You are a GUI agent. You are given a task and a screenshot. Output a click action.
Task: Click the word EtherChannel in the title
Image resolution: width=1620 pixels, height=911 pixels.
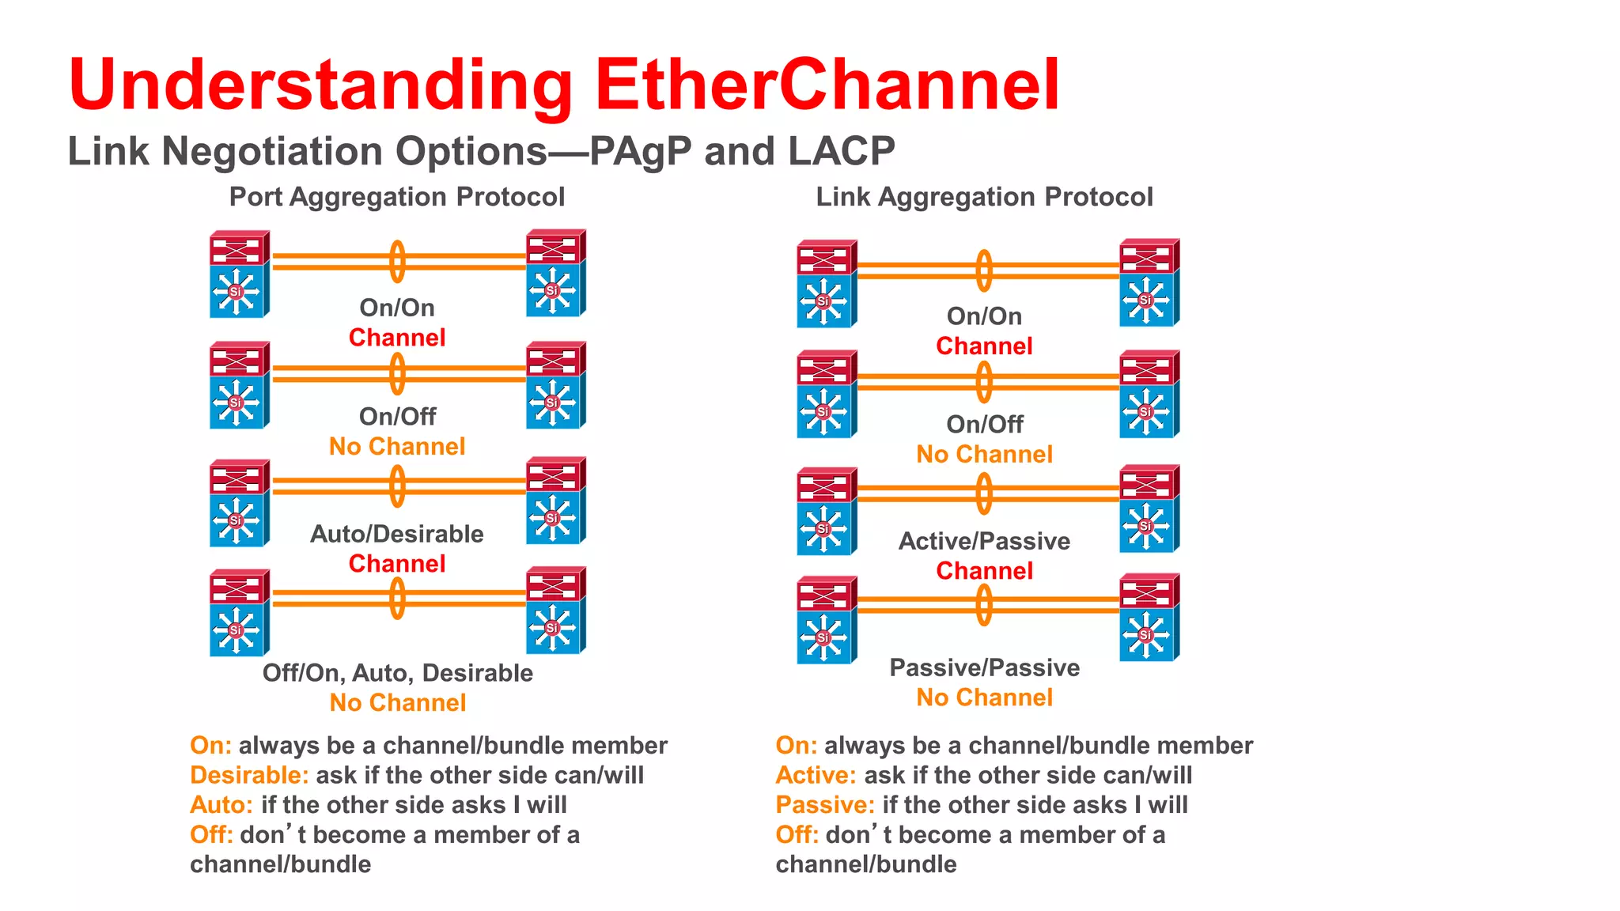click(x=827, y=85)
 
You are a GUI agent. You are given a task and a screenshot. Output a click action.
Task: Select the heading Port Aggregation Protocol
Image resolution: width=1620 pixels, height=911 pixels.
click(x=396, y=197)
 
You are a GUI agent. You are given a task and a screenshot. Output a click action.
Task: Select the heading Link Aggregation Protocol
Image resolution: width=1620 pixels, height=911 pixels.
click(x=984, y=197)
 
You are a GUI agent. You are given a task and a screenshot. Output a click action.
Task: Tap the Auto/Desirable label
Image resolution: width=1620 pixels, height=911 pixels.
click(x=396, y=534)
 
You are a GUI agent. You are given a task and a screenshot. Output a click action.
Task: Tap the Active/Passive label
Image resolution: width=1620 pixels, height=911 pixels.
click(x=984, y=541)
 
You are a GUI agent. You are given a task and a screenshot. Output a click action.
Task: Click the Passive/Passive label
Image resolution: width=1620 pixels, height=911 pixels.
click(x=984, y=667)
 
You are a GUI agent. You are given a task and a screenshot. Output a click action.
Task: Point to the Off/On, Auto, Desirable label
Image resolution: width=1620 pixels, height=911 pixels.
click(x=397, y=673)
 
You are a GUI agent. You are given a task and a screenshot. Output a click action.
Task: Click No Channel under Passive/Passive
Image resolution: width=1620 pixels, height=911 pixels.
click(x=984, y=697)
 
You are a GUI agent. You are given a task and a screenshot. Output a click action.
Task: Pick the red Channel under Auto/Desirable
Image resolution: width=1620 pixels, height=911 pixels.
click(x=397, y=564)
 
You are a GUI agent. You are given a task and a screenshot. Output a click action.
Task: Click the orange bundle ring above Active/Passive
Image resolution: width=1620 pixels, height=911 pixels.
click(x=984, y=493)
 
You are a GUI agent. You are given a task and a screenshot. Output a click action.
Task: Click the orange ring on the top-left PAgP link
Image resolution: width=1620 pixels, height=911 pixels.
click(x=397, y=262)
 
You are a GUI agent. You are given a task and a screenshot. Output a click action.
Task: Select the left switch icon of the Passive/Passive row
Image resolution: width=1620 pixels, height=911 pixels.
click(x=826, y=620)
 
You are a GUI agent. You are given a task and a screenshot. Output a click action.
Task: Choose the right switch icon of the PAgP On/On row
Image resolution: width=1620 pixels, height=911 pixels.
click(x=555, y=273)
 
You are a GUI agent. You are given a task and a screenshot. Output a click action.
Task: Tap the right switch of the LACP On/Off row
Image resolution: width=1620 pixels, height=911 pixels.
click(x=1149, y=394)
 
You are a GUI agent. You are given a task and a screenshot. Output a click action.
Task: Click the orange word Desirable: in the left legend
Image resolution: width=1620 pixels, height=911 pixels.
click(x=249, y=775)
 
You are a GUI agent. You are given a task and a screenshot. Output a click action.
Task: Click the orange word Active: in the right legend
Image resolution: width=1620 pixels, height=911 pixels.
click(x=816, y=775)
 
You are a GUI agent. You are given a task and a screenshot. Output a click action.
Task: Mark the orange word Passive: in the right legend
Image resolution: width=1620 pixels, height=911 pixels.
click(x=824, y=805)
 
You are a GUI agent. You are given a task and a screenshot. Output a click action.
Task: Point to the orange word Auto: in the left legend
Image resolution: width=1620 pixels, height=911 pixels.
click(x=221, y=805)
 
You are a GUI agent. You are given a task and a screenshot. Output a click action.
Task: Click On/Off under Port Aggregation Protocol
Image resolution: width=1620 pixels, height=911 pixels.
click(x=397, y=417)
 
